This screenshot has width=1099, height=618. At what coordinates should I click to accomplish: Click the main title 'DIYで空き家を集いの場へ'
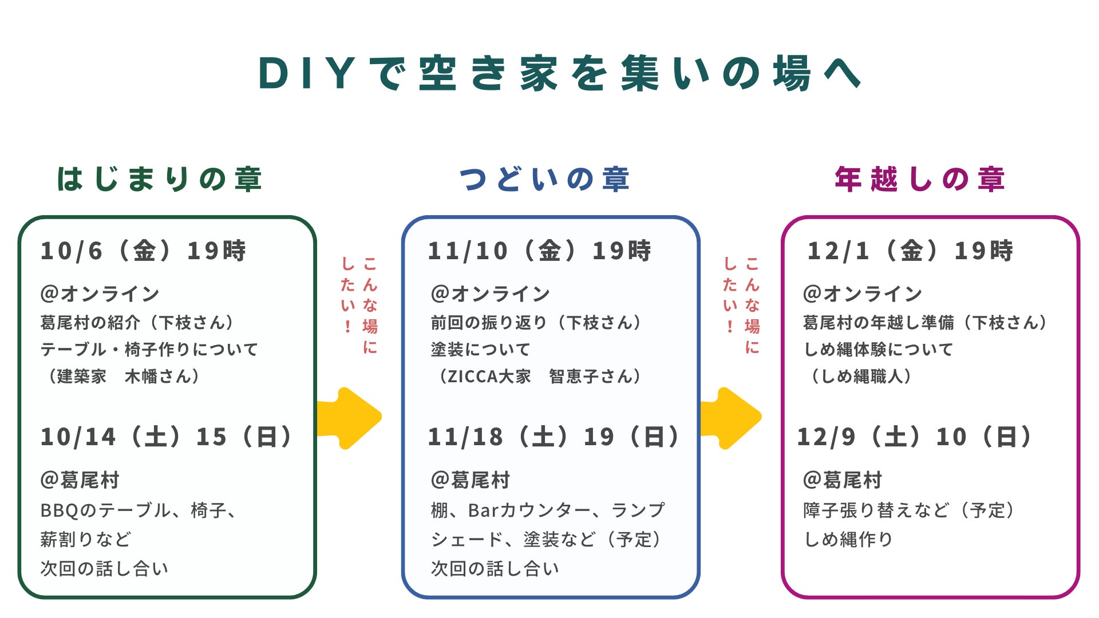[x=560, y=73]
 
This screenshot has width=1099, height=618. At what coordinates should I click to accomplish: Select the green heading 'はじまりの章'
[x=160, y=179]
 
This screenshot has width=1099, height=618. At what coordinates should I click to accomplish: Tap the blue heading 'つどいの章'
[x=544, y=179]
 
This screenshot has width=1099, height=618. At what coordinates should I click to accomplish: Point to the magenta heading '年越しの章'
[x=920, y=179]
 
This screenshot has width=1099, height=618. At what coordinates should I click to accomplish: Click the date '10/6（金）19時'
[x=143, y=251]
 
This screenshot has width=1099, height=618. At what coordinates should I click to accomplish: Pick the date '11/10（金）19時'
[x=539, y=251]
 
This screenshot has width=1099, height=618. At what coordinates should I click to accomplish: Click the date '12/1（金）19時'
[x=910, y=251]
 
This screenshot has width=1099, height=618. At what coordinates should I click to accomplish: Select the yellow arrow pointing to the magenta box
[x=732, y=418]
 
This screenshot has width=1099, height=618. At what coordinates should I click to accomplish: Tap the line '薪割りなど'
[x=86, y=539]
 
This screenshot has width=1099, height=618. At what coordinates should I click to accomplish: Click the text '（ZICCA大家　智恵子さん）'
[x=538, y=376]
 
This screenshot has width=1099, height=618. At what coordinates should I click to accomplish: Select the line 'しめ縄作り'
[x=848, y=539]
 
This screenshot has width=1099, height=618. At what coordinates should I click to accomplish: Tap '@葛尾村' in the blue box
[x=470, y=480]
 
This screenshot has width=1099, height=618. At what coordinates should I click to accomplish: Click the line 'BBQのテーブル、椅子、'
[x=139, y=510]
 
